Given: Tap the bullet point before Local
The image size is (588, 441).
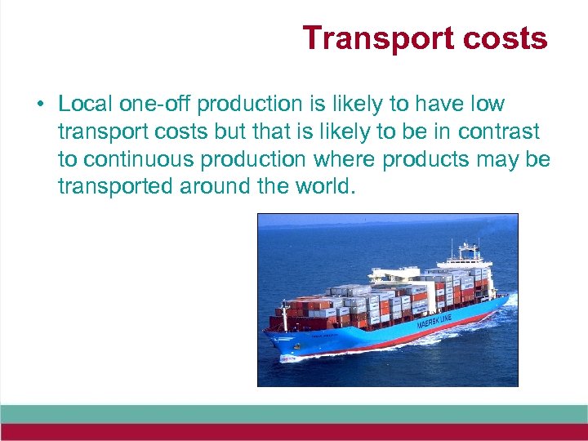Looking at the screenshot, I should click(x=39, y=105).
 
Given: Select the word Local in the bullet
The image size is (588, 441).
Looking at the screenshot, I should click(x=85, y=105).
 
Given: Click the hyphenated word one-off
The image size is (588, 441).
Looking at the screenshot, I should click(x=156, y=105).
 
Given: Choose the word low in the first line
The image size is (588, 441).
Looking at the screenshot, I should click(x=487, y=105).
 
